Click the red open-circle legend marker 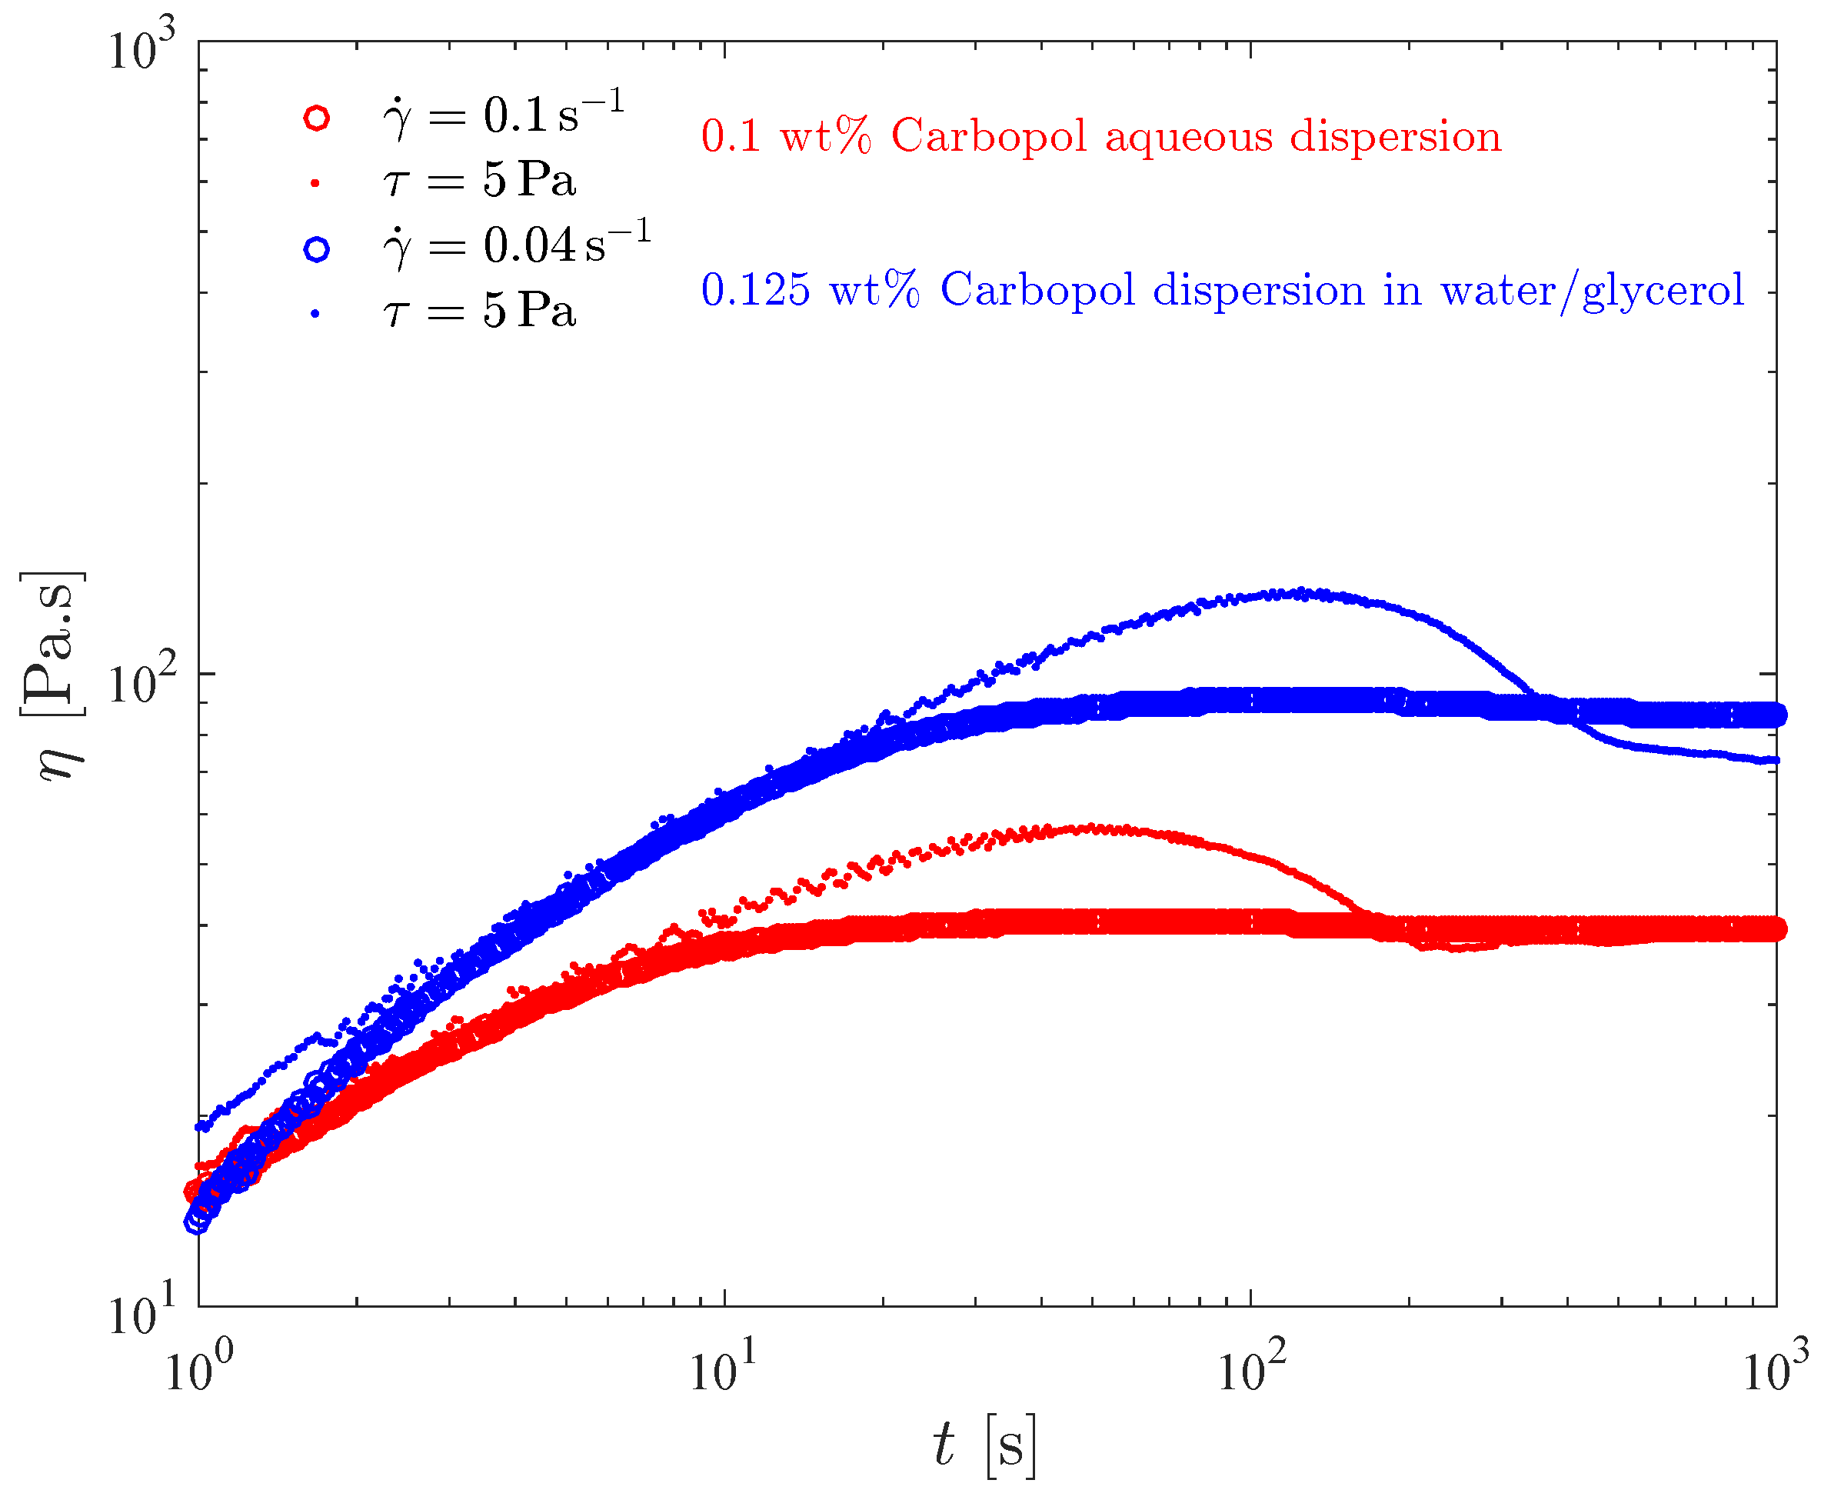click(x=317, y=118)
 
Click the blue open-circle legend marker click(x=317, y=250)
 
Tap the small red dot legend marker click(x=315, y=182)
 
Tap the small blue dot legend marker click(x=315, y=315)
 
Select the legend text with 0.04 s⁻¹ click(x=517, y=245)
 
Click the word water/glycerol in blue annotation click(x=1592, y=290)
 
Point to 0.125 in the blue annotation click(x=756, y=290)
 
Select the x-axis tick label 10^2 click(x=1252, y=1368)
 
